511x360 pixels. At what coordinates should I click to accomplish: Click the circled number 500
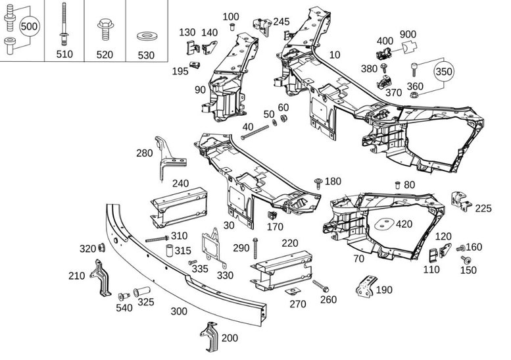(29, 26)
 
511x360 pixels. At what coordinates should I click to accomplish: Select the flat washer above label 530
(146, 36)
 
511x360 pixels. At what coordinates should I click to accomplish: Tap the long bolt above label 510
(64, 24)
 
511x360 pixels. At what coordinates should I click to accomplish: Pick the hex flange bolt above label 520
(105, 30)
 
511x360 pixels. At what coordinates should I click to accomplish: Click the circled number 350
(443, 71)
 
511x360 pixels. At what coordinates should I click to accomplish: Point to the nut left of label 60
(275, 122)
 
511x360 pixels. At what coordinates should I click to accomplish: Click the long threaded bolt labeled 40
(256, 132)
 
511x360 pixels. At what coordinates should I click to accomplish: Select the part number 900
(408, 34)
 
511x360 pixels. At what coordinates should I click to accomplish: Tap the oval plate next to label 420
(384, 223)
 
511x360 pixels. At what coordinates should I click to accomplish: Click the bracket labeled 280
(168, 159)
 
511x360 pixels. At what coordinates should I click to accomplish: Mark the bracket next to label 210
(102, 278)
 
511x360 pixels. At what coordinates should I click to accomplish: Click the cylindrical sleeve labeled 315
(170, 251)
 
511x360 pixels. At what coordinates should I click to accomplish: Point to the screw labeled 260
(321, 286)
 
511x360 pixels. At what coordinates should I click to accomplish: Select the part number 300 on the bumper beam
(179, 311)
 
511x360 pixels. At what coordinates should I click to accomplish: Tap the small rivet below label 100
(232, 26)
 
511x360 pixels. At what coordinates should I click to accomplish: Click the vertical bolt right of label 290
(255, 248)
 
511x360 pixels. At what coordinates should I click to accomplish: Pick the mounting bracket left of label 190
(365, 286)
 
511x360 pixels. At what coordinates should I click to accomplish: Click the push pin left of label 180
(318, 183)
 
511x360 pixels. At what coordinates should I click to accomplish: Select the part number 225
(483, 208)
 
